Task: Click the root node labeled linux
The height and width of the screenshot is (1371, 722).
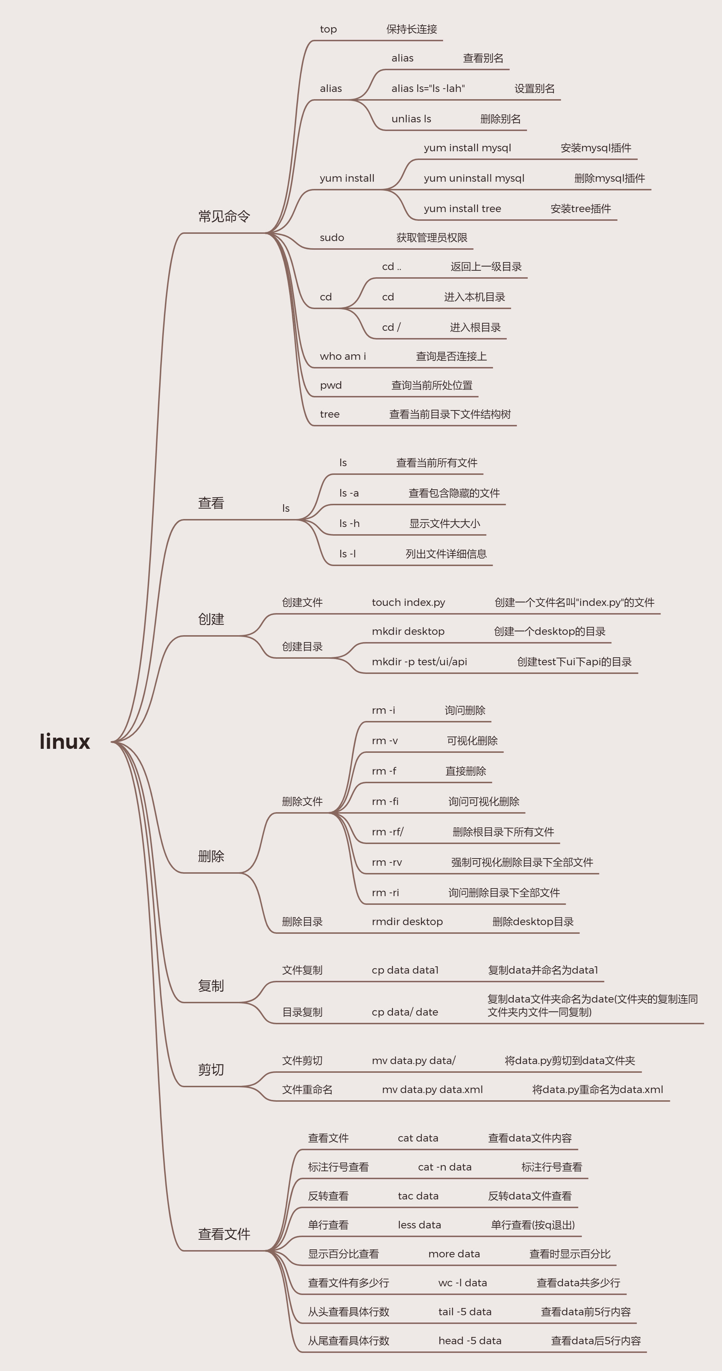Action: [x=65, y=741]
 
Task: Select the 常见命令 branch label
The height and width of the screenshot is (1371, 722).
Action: [x=224, y=216]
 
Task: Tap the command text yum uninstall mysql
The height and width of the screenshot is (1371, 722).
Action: [x=474, y=178]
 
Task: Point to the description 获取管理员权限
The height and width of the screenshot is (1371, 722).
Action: [x=432, y=238]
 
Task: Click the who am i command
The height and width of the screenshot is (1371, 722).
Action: [x=343, y=357]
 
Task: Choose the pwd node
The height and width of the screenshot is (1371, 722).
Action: [x=330, y=385]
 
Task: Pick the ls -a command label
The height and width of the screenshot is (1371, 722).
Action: [x=349, y=493]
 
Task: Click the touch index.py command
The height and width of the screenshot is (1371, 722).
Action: [x=408, y=603]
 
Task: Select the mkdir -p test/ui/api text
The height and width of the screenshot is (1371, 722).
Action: [x=419, y=662]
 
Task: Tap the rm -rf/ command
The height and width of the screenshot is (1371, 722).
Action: [x=387, y=832]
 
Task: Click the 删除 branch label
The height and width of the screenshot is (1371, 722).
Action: [x=211, y=856]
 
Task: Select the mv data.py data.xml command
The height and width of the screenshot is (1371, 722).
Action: [x=432, y=1089]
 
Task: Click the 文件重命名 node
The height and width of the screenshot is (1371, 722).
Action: [x=307, y=1089]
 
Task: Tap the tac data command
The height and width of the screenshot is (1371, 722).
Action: [x=418, y=1196]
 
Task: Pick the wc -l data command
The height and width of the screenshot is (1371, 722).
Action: [x=462, y=1283]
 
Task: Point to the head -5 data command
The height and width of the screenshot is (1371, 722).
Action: [x=470, y=1341]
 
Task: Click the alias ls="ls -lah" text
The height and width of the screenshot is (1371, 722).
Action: [x=428, y=88]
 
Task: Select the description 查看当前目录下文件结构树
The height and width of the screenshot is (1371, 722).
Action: [x=450, y=414]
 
